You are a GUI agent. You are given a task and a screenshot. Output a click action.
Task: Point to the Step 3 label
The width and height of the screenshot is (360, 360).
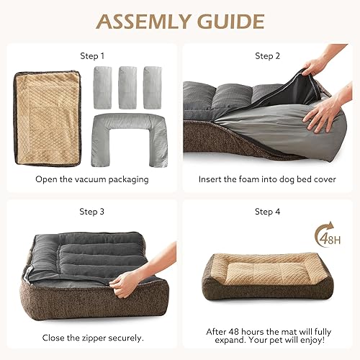[91, 212]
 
